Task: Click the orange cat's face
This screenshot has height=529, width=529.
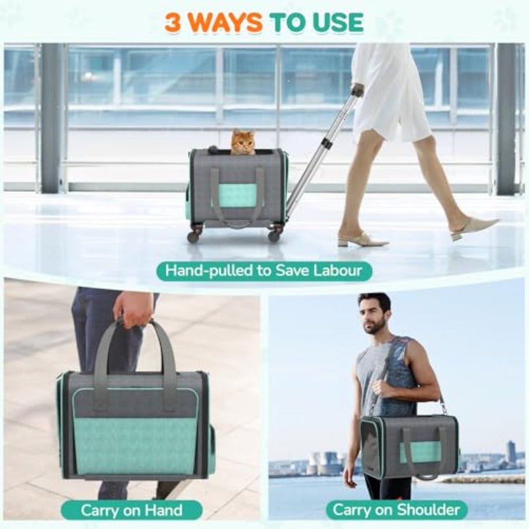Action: pos(243,143)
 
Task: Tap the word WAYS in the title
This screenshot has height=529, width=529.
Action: pos(223,22)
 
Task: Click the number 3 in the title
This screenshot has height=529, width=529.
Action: pos(173,22)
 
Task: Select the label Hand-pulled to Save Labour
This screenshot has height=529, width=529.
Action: pos(264,270)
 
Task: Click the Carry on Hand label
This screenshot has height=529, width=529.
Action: pos(132,510)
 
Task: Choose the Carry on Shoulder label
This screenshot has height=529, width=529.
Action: pos(397,510)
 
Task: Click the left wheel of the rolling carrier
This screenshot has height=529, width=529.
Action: pos(194,236)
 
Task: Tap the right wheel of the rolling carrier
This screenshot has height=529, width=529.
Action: pos(274,235)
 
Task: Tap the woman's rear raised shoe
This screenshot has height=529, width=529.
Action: pos(475,228)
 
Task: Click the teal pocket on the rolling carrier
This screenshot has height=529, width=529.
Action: pos(238,195)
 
